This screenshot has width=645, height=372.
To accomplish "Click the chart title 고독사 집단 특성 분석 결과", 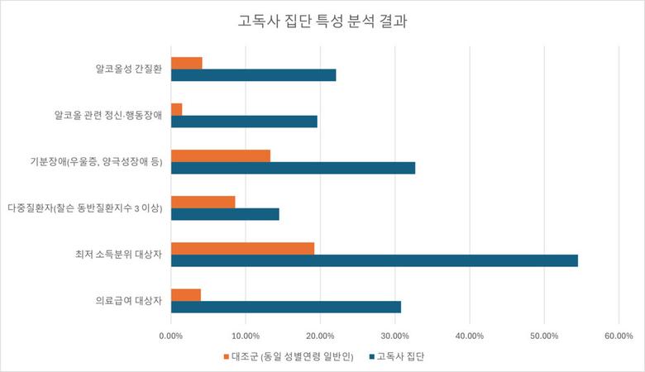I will [322, 22].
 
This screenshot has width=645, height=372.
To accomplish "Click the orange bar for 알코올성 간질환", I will [186, 63].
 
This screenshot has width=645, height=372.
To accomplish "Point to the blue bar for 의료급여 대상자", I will [285, 307].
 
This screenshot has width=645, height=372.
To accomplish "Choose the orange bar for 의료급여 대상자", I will [185, 294].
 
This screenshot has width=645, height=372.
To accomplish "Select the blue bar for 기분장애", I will [293, 168].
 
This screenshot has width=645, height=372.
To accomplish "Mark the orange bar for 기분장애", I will [220, 155].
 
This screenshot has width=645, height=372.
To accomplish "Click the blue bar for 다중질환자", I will [225, 214].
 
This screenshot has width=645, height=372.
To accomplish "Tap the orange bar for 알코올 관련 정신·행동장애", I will [176, 109].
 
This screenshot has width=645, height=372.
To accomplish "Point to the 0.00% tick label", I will [170, 336].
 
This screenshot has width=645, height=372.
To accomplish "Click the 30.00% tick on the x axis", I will [394, 336].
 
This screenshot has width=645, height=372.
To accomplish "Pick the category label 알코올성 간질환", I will [127, 69].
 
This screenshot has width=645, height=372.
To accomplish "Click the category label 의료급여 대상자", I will [127, 301].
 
